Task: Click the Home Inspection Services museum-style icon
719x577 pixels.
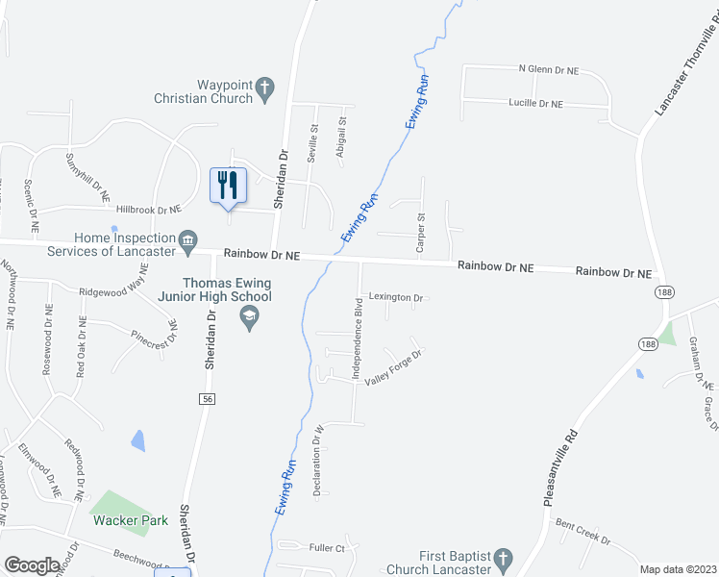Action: [x=187, y=238]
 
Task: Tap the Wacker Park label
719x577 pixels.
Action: [x=131, y=520]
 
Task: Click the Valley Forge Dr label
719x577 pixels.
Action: [x=393, y=368]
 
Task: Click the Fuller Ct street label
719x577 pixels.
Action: [x=326, y=548]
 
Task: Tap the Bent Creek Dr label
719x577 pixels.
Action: [x=583, y=533]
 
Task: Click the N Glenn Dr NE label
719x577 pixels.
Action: [x=549, y=70]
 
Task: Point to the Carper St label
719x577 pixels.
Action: [x=420, y=234]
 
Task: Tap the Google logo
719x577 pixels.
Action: [x=32, y=565]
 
